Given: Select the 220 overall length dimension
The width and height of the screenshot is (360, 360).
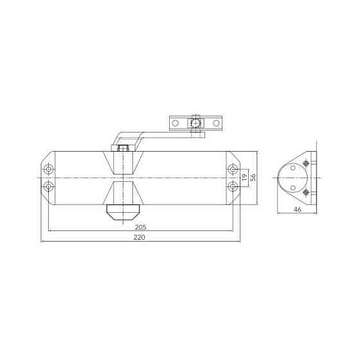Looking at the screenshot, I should (139, 237).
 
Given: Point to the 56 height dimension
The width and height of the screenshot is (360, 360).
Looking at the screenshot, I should (254, 178).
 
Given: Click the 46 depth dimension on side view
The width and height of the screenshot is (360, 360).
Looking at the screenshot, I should (298, 210).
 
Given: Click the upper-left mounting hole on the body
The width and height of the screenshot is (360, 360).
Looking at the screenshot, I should (49, 169).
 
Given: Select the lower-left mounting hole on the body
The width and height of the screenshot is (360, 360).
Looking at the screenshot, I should (49, 186).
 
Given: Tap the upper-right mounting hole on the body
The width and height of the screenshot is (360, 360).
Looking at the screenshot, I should (233, 169).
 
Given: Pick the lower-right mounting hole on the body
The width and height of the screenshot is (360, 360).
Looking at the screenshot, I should (233, 186).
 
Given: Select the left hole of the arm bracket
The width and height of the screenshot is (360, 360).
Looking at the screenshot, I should (175, 122).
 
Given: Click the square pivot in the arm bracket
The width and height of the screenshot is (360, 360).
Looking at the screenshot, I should (195, 122).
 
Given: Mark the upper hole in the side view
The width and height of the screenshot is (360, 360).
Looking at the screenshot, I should (292, 168).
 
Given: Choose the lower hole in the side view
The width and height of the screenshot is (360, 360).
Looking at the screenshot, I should (292, 187).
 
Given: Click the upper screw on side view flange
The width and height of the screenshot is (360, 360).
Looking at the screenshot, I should (307, 163).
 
